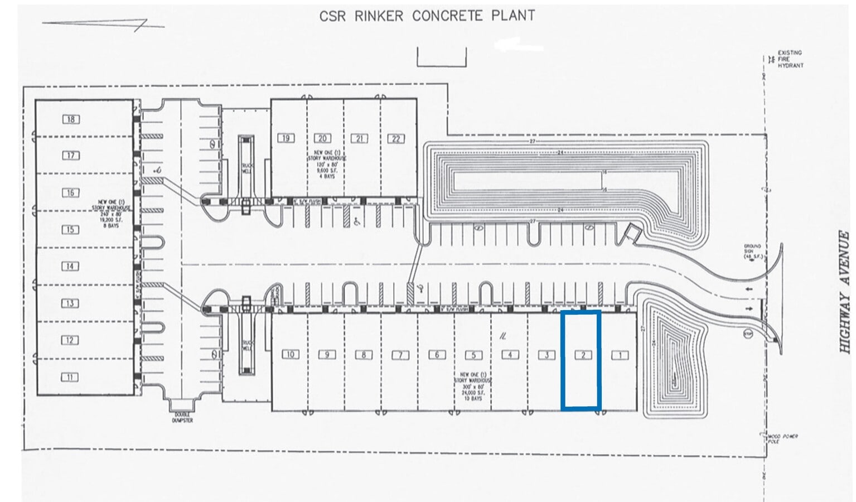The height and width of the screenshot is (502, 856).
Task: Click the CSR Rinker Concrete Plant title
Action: tap(427, 16)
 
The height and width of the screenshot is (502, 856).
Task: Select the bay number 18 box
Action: tap(71, 119)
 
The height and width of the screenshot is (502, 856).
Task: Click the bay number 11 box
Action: tap(70, 377)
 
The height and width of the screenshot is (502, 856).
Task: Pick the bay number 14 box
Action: tap(70, 266)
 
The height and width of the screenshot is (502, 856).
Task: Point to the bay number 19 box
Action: tap(286, 138)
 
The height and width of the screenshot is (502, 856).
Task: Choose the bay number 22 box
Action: tap(396, 138)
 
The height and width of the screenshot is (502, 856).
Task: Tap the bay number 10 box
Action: tap(290, 354)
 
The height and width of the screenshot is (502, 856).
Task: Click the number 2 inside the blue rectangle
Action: tap(583, 355)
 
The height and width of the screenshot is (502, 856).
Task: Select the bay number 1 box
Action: tap(620, 355)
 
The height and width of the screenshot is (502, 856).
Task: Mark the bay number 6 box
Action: tap(437, 354)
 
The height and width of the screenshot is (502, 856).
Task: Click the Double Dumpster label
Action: tap(182, 417)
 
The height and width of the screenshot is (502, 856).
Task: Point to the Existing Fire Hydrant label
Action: tap(790, 59)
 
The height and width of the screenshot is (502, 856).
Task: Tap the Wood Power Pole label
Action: tap(782, 438)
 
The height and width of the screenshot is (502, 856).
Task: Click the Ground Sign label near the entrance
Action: tap(752, 251)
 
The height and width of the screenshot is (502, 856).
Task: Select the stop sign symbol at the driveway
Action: tap(748, 334)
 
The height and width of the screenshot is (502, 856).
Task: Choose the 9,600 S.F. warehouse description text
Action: tap(329, 164)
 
